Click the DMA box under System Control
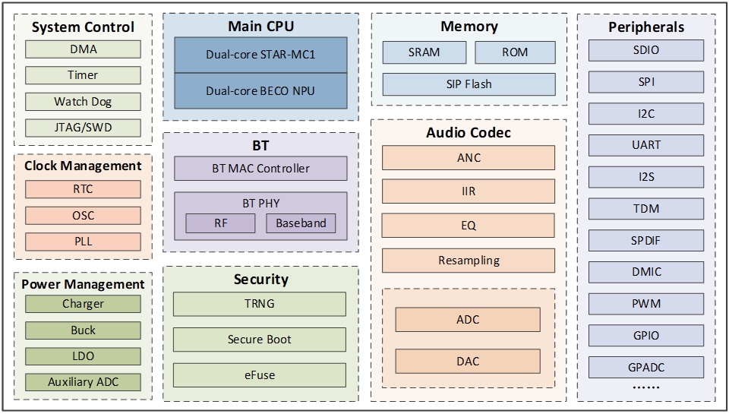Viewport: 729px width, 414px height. pos(83,49)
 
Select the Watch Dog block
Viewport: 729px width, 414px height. pos(83,101)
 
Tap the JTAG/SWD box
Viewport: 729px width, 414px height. pos(83,127)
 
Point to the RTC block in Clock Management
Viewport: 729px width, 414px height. pos(83,189)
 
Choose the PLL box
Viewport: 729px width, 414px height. pos(83,242)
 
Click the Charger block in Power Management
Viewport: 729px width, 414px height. pos(83,304)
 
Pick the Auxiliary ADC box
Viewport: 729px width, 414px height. pos(83,381)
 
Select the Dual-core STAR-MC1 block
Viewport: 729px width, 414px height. pos(260,55)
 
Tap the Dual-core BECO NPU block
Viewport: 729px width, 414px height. pos(260,90)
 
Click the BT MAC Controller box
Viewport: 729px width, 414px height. pos(260,168)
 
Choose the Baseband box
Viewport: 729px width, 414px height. pos(301,223)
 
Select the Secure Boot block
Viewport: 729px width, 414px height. pos(260,339)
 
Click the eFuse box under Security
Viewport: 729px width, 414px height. pos(260,374)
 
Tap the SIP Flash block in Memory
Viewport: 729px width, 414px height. pos(469,84)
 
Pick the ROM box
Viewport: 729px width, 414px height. pos(515,52)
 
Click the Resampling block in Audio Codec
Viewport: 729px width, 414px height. pos(469,261)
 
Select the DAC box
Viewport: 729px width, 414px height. pos(468,362)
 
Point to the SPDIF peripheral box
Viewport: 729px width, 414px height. pos(645,241)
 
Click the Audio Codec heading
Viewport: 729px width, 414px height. pos(469,133)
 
